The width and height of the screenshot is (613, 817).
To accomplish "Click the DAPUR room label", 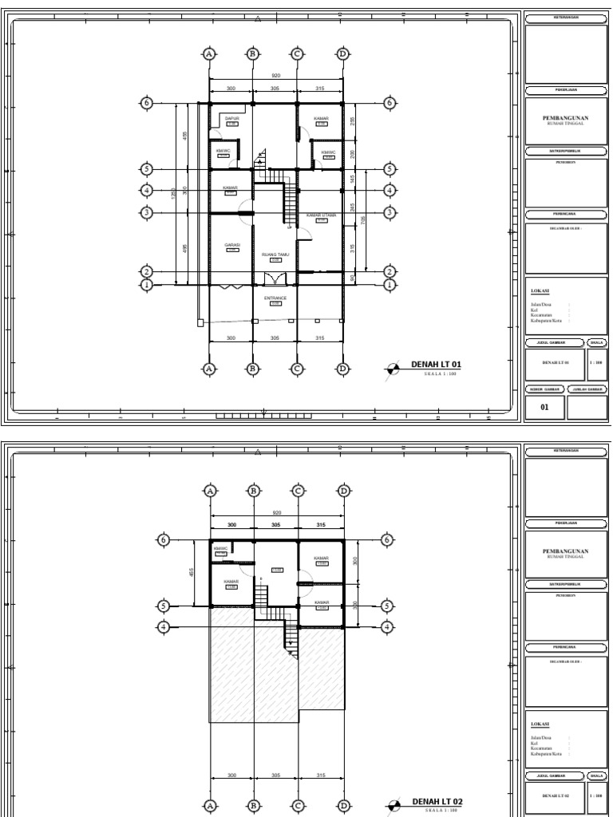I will point(232,118).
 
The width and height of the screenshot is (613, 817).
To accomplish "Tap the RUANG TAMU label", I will point(275,255).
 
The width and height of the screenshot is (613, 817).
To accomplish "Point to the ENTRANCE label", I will point(275,298).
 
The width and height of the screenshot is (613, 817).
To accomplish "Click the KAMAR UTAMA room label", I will point(321,215).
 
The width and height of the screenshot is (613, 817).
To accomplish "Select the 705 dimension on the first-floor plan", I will point(364,220).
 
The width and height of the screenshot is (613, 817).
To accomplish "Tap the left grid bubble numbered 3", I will point(146,212).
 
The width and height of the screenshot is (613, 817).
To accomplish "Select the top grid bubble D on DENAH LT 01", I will point(343,54).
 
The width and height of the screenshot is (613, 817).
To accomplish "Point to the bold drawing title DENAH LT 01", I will point(437,365).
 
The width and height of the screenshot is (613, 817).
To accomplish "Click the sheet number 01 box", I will point(545,407).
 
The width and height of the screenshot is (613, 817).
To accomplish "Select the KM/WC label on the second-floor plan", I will point(221,549).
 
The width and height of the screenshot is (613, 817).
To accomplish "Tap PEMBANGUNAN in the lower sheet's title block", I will point(564,551).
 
